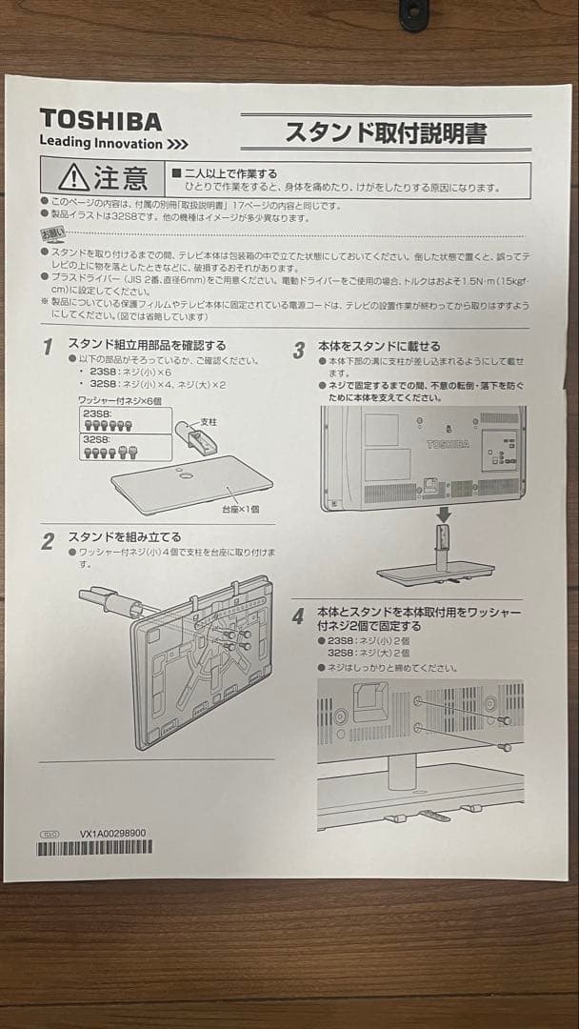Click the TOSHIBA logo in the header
point(100,120)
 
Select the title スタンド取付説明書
point(386,132)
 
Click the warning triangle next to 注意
point(73,178)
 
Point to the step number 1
point(47,348)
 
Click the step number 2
point(47,542)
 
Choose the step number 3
point(299,350)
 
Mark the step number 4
point(299,617)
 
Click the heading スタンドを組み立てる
point(124,537)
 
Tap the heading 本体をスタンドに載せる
point(379,346)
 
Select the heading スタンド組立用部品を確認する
point(147,344)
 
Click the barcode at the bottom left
point(93,847)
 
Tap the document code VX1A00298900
point(113,832)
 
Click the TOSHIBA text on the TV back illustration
point(447,444)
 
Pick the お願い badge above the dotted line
point(54,232)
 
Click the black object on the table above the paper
point(413,13)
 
